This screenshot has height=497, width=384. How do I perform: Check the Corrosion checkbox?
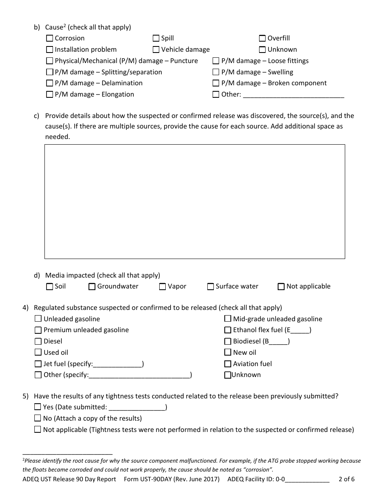pos(50,38)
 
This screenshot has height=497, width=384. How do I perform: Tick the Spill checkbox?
pos(156,38)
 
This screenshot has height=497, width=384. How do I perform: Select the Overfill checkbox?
pos(262,38)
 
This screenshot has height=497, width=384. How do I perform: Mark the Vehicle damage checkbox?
pos(156,50)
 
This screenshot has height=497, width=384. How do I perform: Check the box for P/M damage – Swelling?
pos(216,72)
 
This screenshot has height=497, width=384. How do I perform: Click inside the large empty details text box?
pos(194,201)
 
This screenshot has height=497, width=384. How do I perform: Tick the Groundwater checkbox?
pos(92,286)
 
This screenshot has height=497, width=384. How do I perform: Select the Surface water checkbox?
pos(211,286)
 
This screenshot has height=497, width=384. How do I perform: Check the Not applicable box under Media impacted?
pos(281,286)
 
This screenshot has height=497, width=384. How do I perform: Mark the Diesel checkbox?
pos(38,341)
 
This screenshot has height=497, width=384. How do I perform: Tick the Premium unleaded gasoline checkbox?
pos(38,330)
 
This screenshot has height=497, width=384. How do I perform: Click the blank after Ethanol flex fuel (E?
pos(300,331)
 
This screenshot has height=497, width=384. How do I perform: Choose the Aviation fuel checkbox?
pos(228,364)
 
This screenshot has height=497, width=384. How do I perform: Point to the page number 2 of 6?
pos(346,480)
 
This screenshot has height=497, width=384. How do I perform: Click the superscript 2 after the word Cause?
pos(63,26)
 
